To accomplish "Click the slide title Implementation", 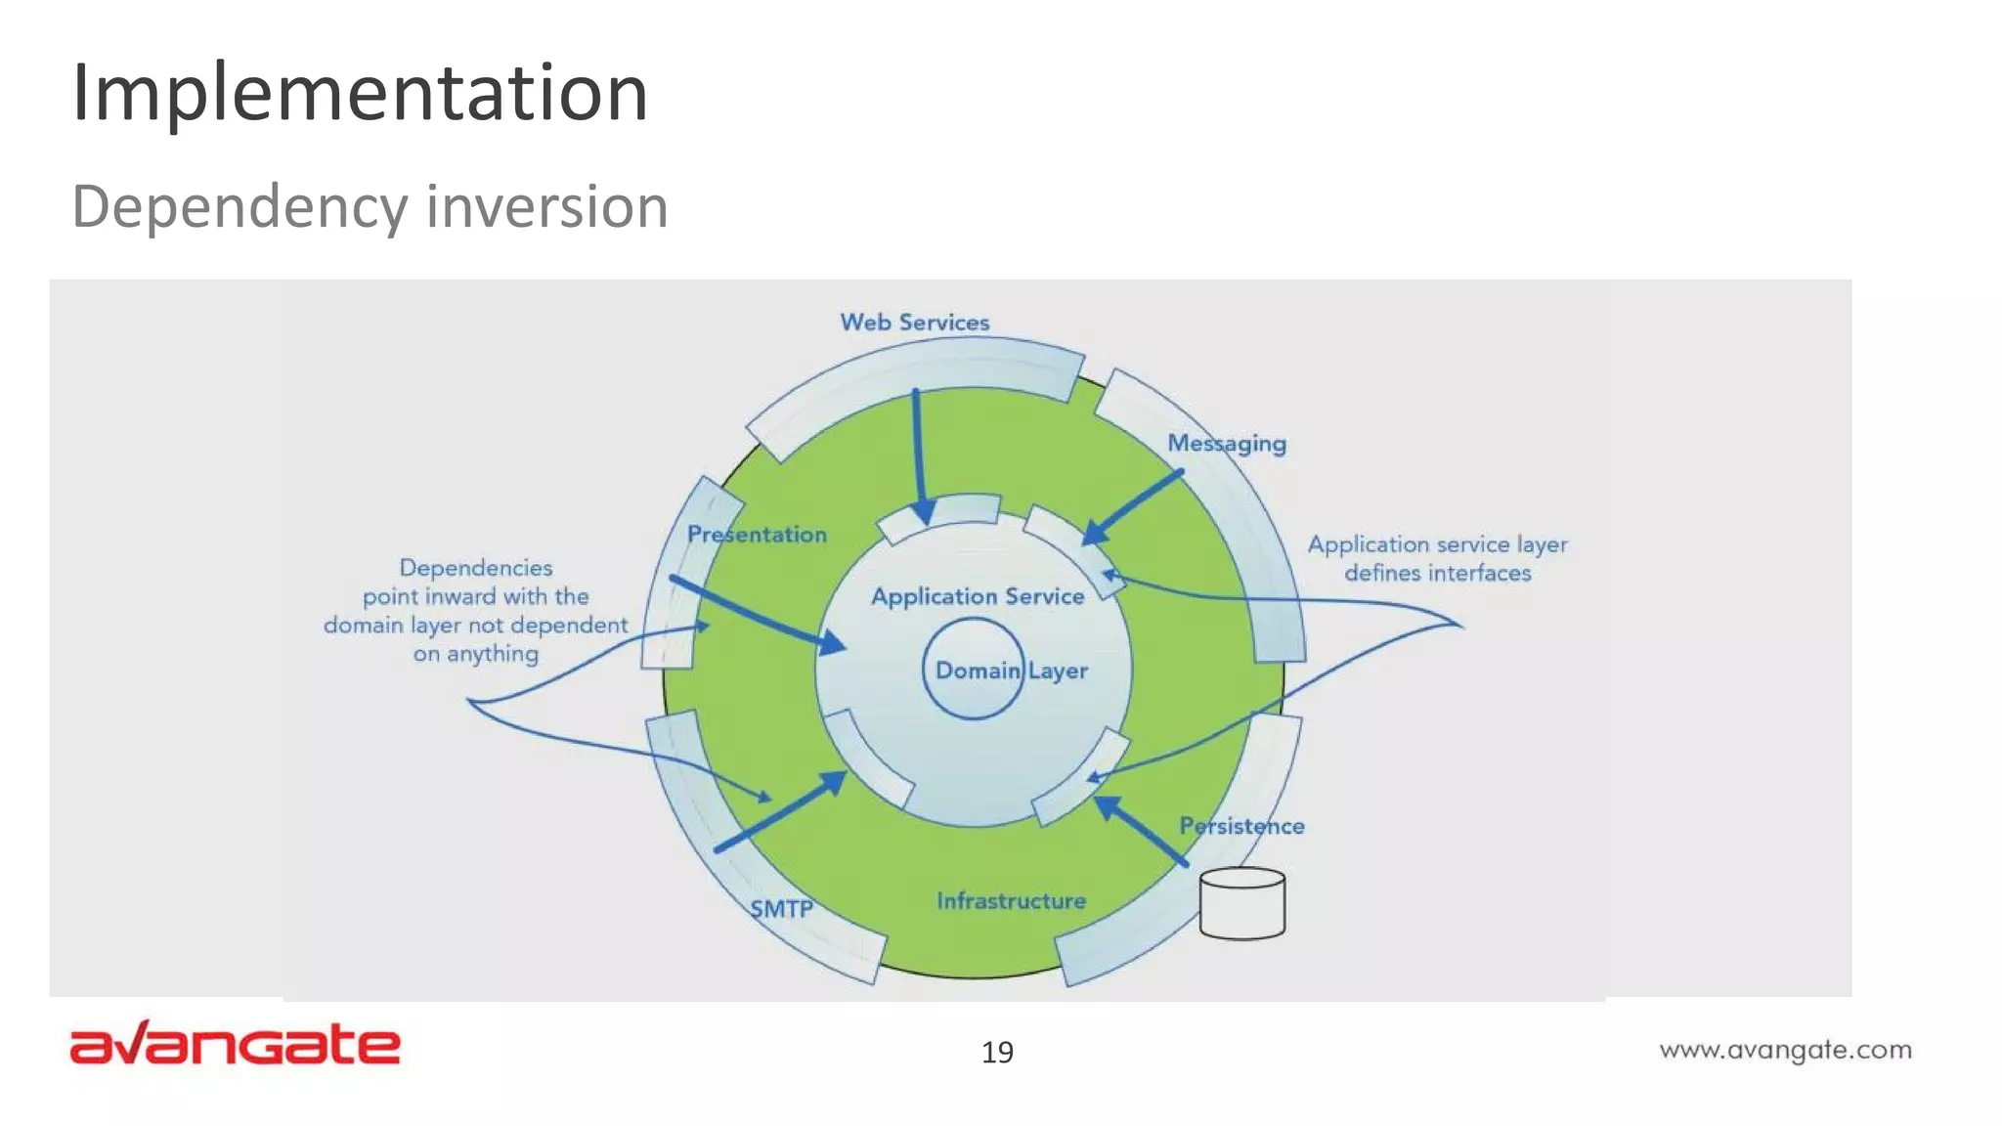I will click(x=360, y=92).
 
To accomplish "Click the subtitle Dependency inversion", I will click(x=370, y=206).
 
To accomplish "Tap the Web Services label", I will click(x=914, y=323).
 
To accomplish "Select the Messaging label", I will click(x=1227, y=444).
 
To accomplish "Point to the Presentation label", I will click(x=757, y=535).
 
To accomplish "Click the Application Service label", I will click(x=978, y=596).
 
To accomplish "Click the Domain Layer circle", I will click(x=974, y=670).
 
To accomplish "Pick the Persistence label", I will click(x=1241, y=826).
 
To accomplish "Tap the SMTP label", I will click(x=781, y=909).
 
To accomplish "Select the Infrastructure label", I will click(x=1011, y=900).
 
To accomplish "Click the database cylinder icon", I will click(x=1241, y=904).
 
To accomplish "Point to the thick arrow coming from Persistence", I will click(x=1140, y=831).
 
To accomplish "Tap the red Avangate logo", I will click(x=235, y=1044).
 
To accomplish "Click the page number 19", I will click(x=997, y=1053).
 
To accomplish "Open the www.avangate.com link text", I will click(x=1785, y=1051).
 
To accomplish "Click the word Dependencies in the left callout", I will click(x=476, y=568).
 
